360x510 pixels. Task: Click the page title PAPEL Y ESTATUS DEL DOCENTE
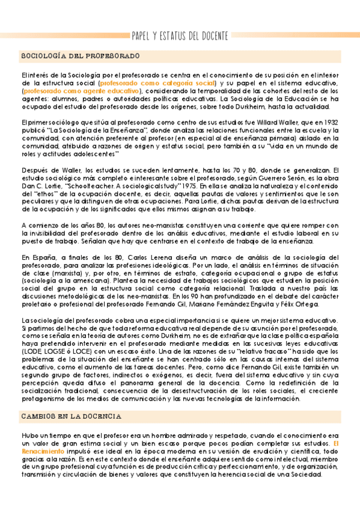[x=180, y=36]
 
